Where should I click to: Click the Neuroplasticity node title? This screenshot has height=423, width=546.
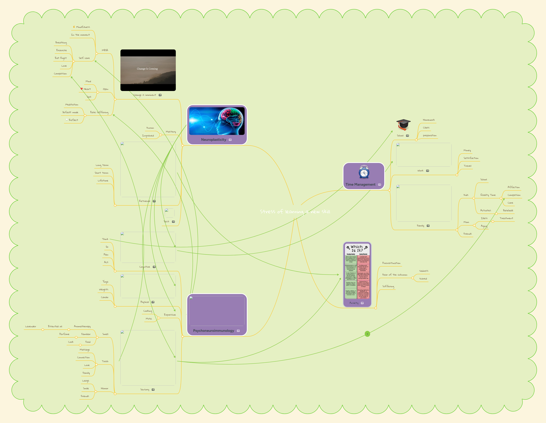pyautogui.click(x=213, y=140)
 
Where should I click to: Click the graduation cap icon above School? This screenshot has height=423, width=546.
pyautogui.click(x=403, y=125)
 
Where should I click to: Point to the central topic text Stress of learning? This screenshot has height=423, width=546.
pyautogui.click(x=295, y=212)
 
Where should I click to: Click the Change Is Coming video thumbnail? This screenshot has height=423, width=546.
pyautogui.click(x=148, y=70)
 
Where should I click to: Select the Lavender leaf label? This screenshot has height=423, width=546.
pyautogui.click(x=30, y=326)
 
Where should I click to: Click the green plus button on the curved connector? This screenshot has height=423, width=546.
pyautogui.click(x=367, y=334)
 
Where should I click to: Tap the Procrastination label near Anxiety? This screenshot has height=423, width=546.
pyautogui.click(x=391, y=263)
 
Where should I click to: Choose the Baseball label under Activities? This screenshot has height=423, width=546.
pyautogui.click(x=508, y=210)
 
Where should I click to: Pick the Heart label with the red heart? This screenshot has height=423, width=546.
pyautogui.click(x=87, y=89)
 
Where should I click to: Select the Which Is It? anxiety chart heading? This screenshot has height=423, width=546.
pyautogui.click(x=357, y=248)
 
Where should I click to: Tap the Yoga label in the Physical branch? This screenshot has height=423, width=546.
pyautogui.click(x=105, y=282)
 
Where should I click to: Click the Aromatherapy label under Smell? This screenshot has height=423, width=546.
pyautogui.click(x=82, y=326)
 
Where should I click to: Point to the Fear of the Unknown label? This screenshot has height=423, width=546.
pyautogui.click(x=395, y=275)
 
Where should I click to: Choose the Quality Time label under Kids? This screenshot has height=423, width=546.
pyautogui.click(x=488, y=195)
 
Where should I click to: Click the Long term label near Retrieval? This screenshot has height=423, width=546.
pyautogui.click(x=102, y=165)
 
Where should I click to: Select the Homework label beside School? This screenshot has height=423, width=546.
pyautogui.click(x=429, y=120)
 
